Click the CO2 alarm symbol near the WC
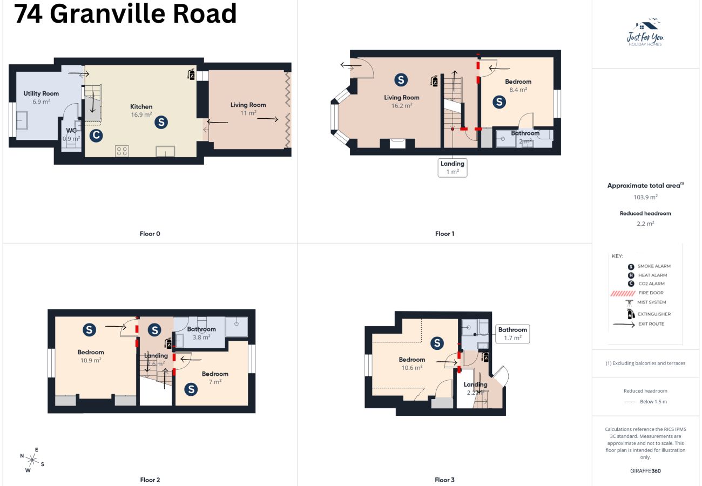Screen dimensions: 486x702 pos(96,136)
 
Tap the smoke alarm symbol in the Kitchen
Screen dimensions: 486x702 pos(160,123)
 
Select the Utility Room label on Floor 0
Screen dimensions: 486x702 pos(41,93)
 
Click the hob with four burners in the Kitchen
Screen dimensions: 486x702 pos(122,151)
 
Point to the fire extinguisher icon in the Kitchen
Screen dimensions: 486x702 pos(191,75)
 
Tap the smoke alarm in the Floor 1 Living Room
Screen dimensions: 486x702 pos(401,80)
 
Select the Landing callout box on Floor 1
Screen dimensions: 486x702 pos(452,167)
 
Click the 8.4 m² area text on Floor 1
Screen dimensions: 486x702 pos(518,90)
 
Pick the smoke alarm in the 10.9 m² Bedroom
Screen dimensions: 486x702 pos(90,329)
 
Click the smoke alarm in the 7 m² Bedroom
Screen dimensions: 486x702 pos(191,389)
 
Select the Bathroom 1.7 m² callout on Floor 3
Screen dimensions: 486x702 pos(512,334)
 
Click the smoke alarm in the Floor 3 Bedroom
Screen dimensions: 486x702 pos(437,343)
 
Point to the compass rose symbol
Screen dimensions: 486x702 pos(32,460)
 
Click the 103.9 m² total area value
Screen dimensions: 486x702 pos(645,197)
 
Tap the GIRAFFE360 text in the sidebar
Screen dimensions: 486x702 pos(645,470)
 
